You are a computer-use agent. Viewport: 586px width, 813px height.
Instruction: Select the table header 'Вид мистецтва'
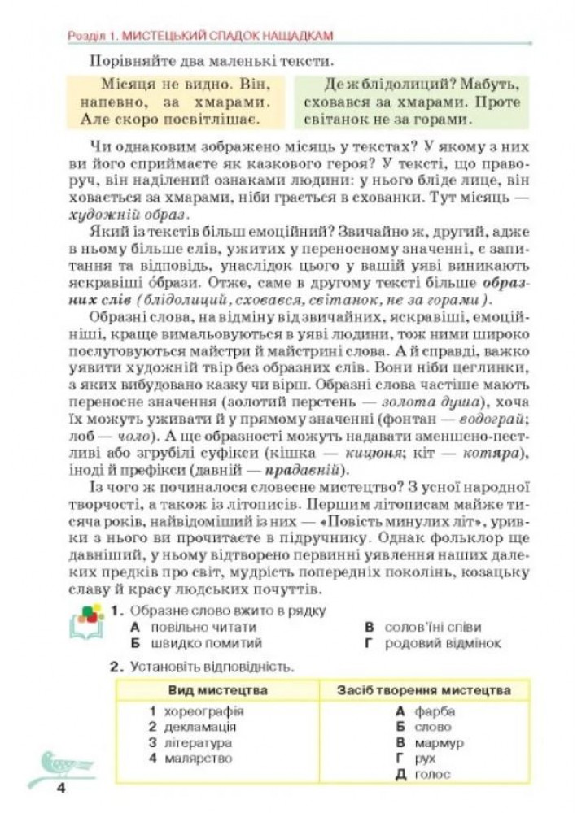tap(218, 690)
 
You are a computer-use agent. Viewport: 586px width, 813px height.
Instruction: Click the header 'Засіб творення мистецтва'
tap(424, 690)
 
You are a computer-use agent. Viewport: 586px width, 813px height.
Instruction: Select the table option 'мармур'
tap(439, 743)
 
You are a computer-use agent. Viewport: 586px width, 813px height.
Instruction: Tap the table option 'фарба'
tap(435, 711)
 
